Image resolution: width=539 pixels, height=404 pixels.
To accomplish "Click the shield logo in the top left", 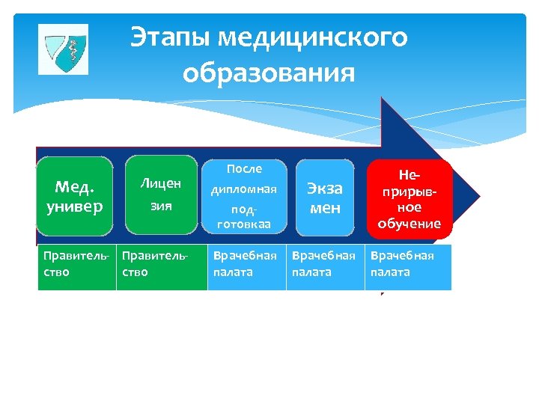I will pos(63,49).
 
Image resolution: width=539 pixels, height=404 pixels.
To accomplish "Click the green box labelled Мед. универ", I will pos(76,196).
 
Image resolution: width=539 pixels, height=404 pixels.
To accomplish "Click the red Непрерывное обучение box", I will pos(409,199).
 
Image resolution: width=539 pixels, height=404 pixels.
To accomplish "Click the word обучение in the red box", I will pos(409,223).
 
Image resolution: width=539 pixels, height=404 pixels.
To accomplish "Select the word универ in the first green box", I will pos(76,206).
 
